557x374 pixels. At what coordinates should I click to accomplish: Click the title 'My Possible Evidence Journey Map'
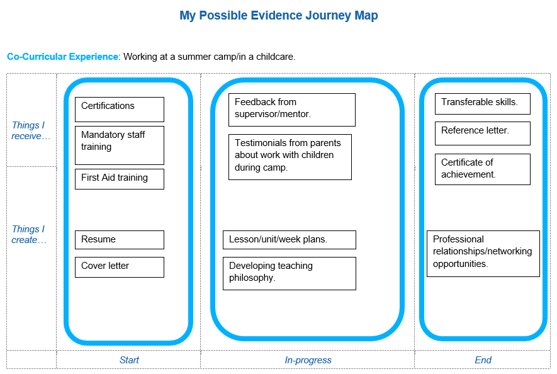pyautogui.click(x=278, y=16)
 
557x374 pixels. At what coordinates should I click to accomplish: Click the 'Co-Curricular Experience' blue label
pyautogui.click(x=62, y=57)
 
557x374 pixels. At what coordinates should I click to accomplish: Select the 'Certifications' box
pyautogui.click(x=119, y=109)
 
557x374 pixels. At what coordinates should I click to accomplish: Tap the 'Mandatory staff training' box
pyautogui.click(x=119, y=145)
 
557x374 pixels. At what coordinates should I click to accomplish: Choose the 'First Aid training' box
pyautogui.click(x=119, y=179)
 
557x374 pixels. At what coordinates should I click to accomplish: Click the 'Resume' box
pyautogui.click(x=119, y=240)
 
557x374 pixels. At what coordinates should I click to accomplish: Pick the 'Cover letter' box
pyautogui.click(x=119, y=267)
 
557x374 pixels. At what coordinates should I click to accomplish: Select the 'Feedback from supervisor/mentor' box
pyautogui.click(x=291, y=110)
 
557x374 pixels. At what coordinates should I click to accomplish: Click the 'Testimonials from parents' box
pyautogui.click(x=290, y=157)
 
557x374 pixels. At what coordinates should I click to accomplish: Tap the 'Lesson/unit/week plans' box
pyautogui.click(x=289, y=240)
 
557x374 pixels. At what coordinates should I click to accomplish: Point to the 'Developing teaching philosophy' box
pyautogui.click(x=289, y=273)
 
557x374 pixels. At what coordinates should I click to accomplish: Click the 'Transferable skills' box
pyautogui.click(x=482, y=104)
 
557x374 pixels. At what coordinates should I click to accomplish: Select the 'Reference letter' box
pyautogui.click(x=482, y=133)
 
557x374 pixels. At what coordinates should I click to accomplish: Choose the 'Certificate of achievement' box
pyautogui.click(x=482, y=169)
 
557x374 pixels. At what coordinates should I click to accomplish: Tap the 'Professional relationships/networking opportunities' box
pyautogui.click(x=483, y=253)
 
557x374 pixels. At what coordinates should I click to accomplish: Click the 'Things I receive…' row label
pyautogui.click(x=30, y=130)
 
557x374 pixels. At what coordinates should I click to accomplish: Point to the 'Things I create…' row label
pyautogui.click(x=29, y=234)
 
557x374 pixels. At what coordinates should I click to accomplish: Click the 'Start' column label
pyautogui.click(x=129, y=360)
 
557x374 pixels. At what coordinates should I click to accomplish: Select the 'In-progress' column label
pyautogui.click(x=308, y=360)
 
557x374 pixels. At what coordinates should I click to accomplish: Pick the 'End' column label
pyautogui.click(x=483, y=360)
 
